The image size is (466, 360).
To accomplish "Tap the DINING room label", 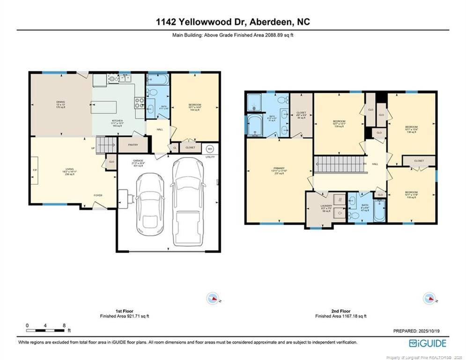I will click(60, 104).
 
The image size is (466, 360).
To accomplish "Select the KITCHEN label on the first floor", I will click(117, 123).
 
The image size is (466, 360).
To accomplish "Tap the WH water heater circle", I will click(210, 149).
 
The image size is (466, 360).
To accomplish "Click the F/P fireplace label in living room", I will click(35, 170).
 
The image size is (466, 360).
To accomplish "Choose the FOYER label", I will click(98, 195).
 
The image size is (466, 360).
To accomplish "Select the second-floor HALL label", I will click(375, 164).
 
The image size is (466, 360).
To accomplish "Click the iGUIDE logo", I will click(428, 343).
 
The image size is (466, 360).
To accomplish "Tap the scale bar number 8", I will click(64, 325).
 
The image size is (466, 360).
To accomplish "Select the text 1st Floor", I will click(125, 311).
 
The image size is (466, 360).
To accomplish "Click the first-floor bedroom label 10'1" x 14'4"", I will click(195, 107).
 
